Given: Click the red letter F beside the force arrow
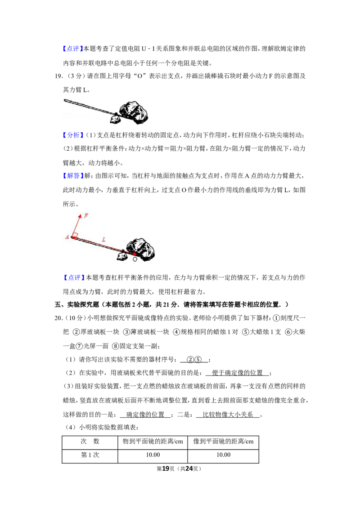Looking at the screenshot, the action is (x=86, y=215).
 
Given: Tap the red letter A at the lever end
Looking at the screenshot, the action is (x=67, y=237).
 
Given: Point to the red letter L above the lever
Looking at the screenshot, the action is (x=103, y=240).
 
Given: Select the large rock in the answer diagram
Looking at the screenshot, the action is (x=141, y=249).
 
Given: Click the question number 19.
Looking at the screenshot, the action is (x=58, y=76).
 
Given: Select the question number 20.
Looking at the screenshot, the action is (x=58, y=318).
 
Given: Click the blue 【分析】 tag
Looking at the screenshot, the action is (x=73, y=135).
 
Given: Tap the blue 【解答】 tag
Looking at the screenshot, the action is (x=73, y=176).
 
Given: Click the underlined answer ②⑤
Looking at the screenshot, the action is (x=194, y=360).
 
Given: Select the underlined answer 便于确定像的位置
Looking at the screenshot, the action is (x=237, y=373).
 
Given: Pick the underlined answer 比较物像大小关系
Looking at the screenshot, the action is (x=228, y=415).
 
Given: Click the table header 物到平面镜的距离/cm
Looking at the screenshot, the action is (x=153, y=442).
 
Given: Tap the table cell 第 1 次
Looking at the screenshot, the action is (x=90, y=455).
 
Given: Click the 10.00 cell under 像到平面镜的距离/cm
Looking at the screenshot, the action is (x=224, y=455).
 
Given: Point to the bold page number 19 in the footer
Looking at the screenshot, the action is (x=166, y=469).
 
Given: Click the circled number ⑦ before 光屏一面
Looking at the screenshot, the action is (x=79, y=346).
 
